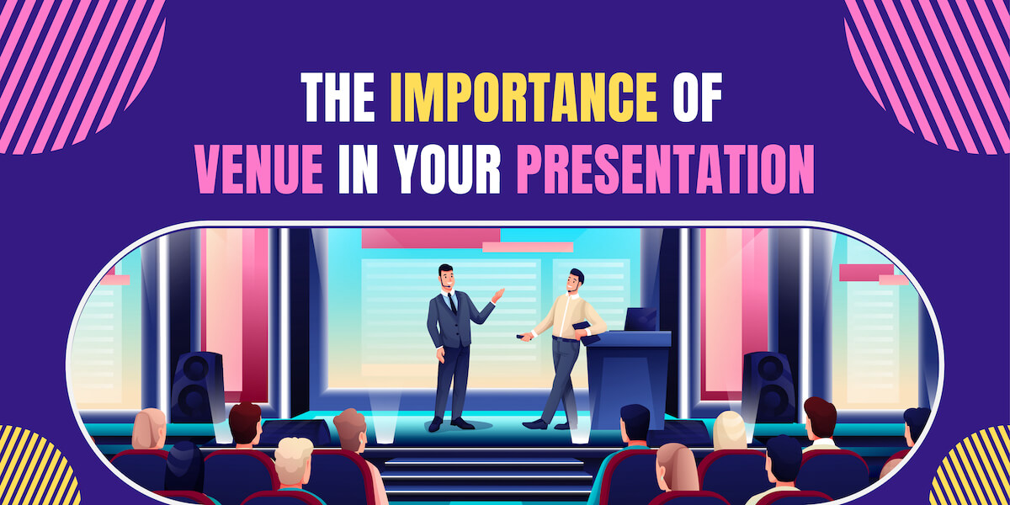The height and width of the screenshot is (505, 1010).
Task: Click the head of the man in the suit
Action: point(446,278)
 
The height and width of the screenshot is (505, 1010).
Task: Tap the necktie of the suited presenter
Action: point(452,304)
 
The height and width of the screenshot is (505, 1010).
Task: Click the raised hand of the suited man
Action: point(498,295)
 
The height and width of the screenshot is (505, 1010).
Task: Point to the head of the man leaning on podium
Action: point(575,281)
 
